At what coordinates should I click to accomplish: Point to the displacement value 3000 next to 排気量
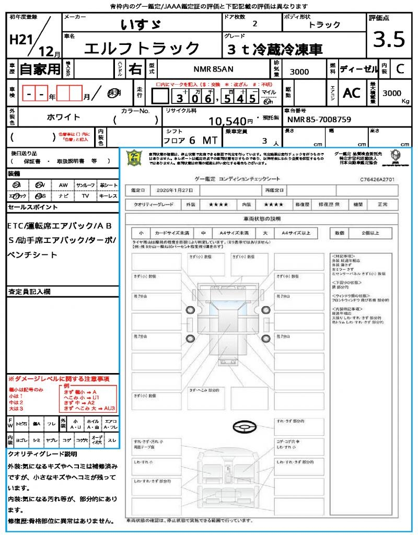click(x=299, y=72)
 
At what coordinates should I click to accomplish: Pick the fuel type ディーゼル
click(x=358, y=69)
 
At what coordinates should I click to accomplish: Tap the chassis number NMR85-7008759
click(x=319, y=120)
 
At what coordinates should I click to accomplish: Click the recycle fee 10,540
click(x=231, y=121)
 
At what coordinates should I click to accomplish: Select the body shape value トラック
click(x=324, y=24)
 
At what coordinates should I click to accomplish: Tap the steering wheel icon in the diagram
click(x=243, y=428)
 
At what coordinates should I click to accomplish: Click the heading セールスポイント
click(x=33, y=207)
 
